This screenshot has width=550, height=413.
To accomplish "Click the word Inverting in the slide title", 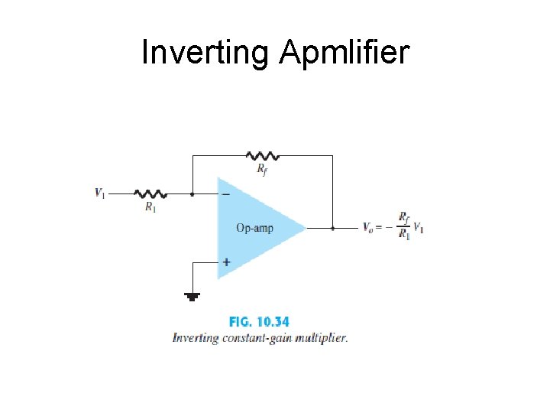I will coord(205,53).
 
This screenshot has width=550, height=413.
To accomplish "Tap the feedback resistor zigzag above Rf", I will coord(263,155).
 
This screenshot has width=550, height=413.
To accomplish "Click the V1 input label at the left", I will coord(100,193).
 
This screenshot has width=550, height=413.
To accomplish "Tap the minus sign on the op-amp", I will coord(225,195).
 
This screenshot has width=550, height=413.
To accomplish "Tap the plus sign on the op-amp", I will coord(225,262).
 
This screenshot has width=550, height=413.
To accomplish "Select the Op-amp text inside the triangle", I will coord(254,228).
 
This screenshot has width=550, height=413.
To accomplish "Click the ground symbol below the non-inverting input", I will coord(192,295).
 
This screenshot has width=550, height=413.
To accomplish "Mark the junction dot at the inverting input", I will coord(192,194).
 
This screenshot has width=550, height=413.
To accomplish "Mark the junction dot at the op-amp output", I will coord(333,227).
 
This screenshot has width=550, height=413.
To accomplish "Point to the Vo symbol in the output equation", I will coord(368,227).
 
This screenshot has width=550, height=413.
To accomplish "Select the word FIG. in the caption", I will coord(243,322).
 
